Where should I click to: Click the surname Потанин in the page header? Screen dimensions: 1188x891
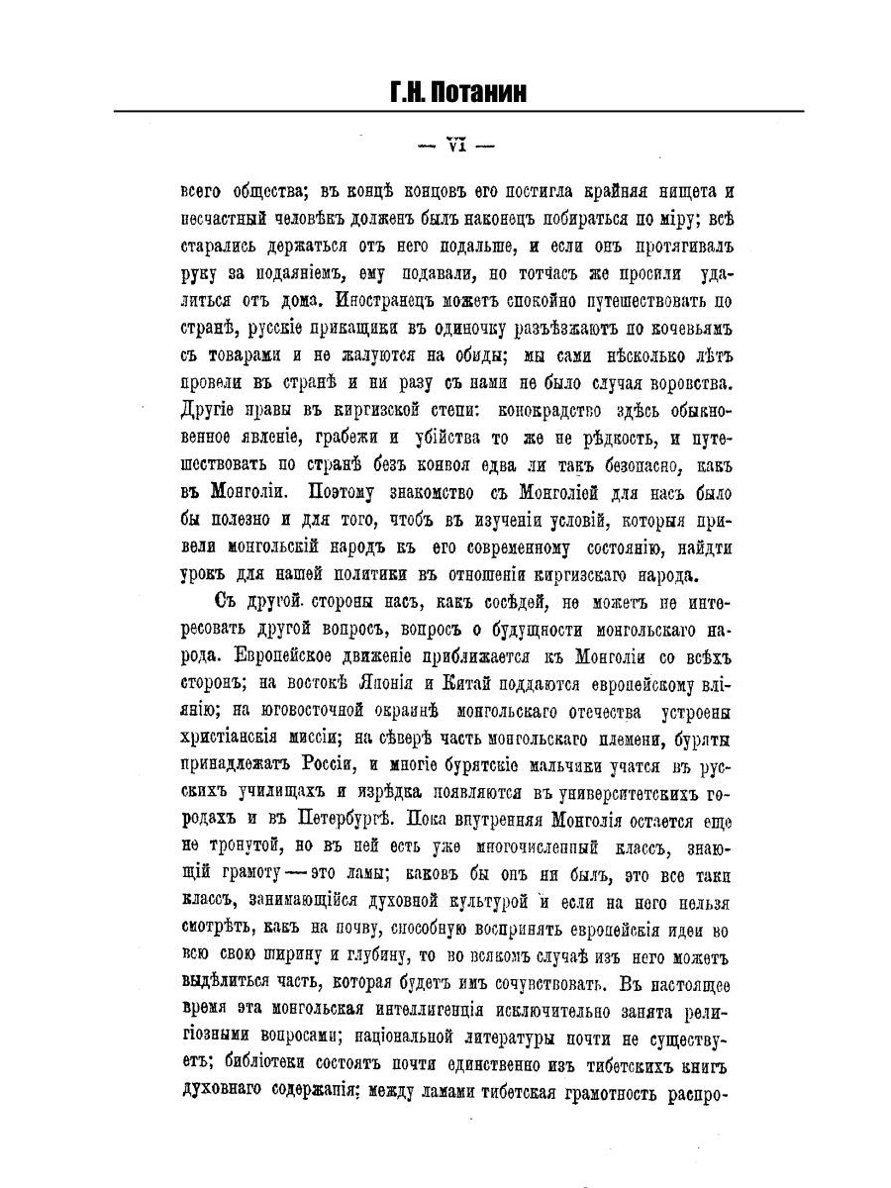pos(477,92)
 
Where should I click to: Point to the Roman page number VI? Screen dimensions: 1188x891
pos(456,144)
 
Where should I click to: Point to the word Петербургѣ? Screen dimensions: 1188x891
pos(346,818)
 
